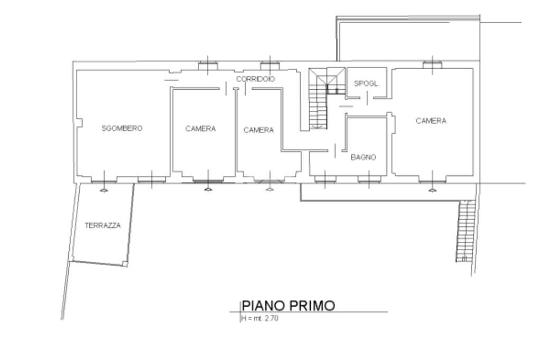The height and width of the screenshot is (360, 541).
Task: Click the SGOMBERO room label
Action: pyautogui.click(x=122, y=128)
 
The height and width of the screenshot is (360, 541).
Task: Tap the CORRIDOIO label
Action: pyautogui.click(x=256, y=79)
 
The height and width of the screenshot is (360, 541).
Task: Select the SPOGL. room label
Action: pyautogui.click(x=367, y=83)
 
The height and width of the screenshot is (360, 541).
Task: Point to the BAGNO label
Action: pyautogui.click(x=363, y=157)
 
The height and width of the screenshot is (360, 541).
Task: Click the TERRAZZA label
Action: pyautogui.click(x=103, y=225)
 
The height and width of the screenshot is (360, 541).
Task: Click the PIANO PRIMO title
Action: pyautogui.click(x=288, y=306)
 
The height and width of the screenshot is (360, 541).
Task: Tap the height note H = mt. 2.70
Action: pyautogui.click(x=259, y=318)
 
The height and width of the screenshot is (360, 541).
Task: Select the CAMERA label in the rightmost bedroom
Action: pyautogui.click(x=431, y=121)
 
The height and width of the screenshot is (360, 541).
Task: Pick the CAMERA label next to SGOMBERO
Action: pyautogui.click(x=200, y=129)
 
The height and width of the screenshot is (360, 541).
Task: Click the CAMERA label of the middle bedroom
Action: pyautogui.click(x=259, y=130)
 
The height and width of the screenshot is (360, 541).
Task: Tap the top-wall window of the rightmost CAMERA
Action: pyautogui.click(x=432, y=64)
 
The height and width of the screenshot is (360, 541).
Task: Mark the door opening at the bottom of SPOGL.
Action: pyautogui.click(x=367, y=98)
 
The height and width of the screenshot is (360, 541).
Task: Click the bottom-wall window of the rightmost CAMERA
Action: pyautogui.click(x=432, y=179)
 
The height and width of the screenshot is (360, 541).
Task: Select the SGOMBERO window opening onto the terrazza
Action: pyautogui.click(x=104, y=179)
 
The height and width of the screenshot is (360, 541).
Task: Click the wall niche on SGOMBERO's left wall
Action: pyautogui.click(x=79, y=122)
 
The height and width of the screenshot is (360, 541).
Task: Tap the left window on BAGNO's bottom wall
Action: pyautogui.click(x=325, y=179)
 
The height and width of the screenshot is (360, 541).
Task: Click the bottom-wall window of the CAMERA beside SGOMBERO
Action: pyautogui.click(x=208, y=179)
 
